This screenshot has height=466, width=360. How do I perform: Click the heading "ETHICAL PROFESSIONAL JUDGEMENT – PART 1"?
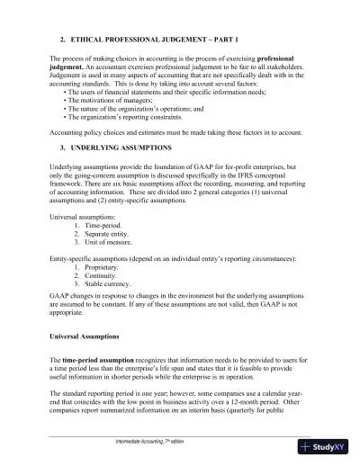point(158,40)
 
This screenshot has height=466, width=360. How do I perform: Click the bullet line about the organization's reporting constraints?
point(134,117)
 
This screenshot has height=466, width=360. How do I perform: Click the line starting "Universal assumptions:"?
point(85,217)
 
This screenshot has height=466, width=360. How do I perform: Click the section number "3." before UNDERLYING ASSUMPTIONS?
point(62,146)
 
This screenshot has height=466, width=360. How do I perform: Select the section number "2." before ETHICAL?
point(62,40)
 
